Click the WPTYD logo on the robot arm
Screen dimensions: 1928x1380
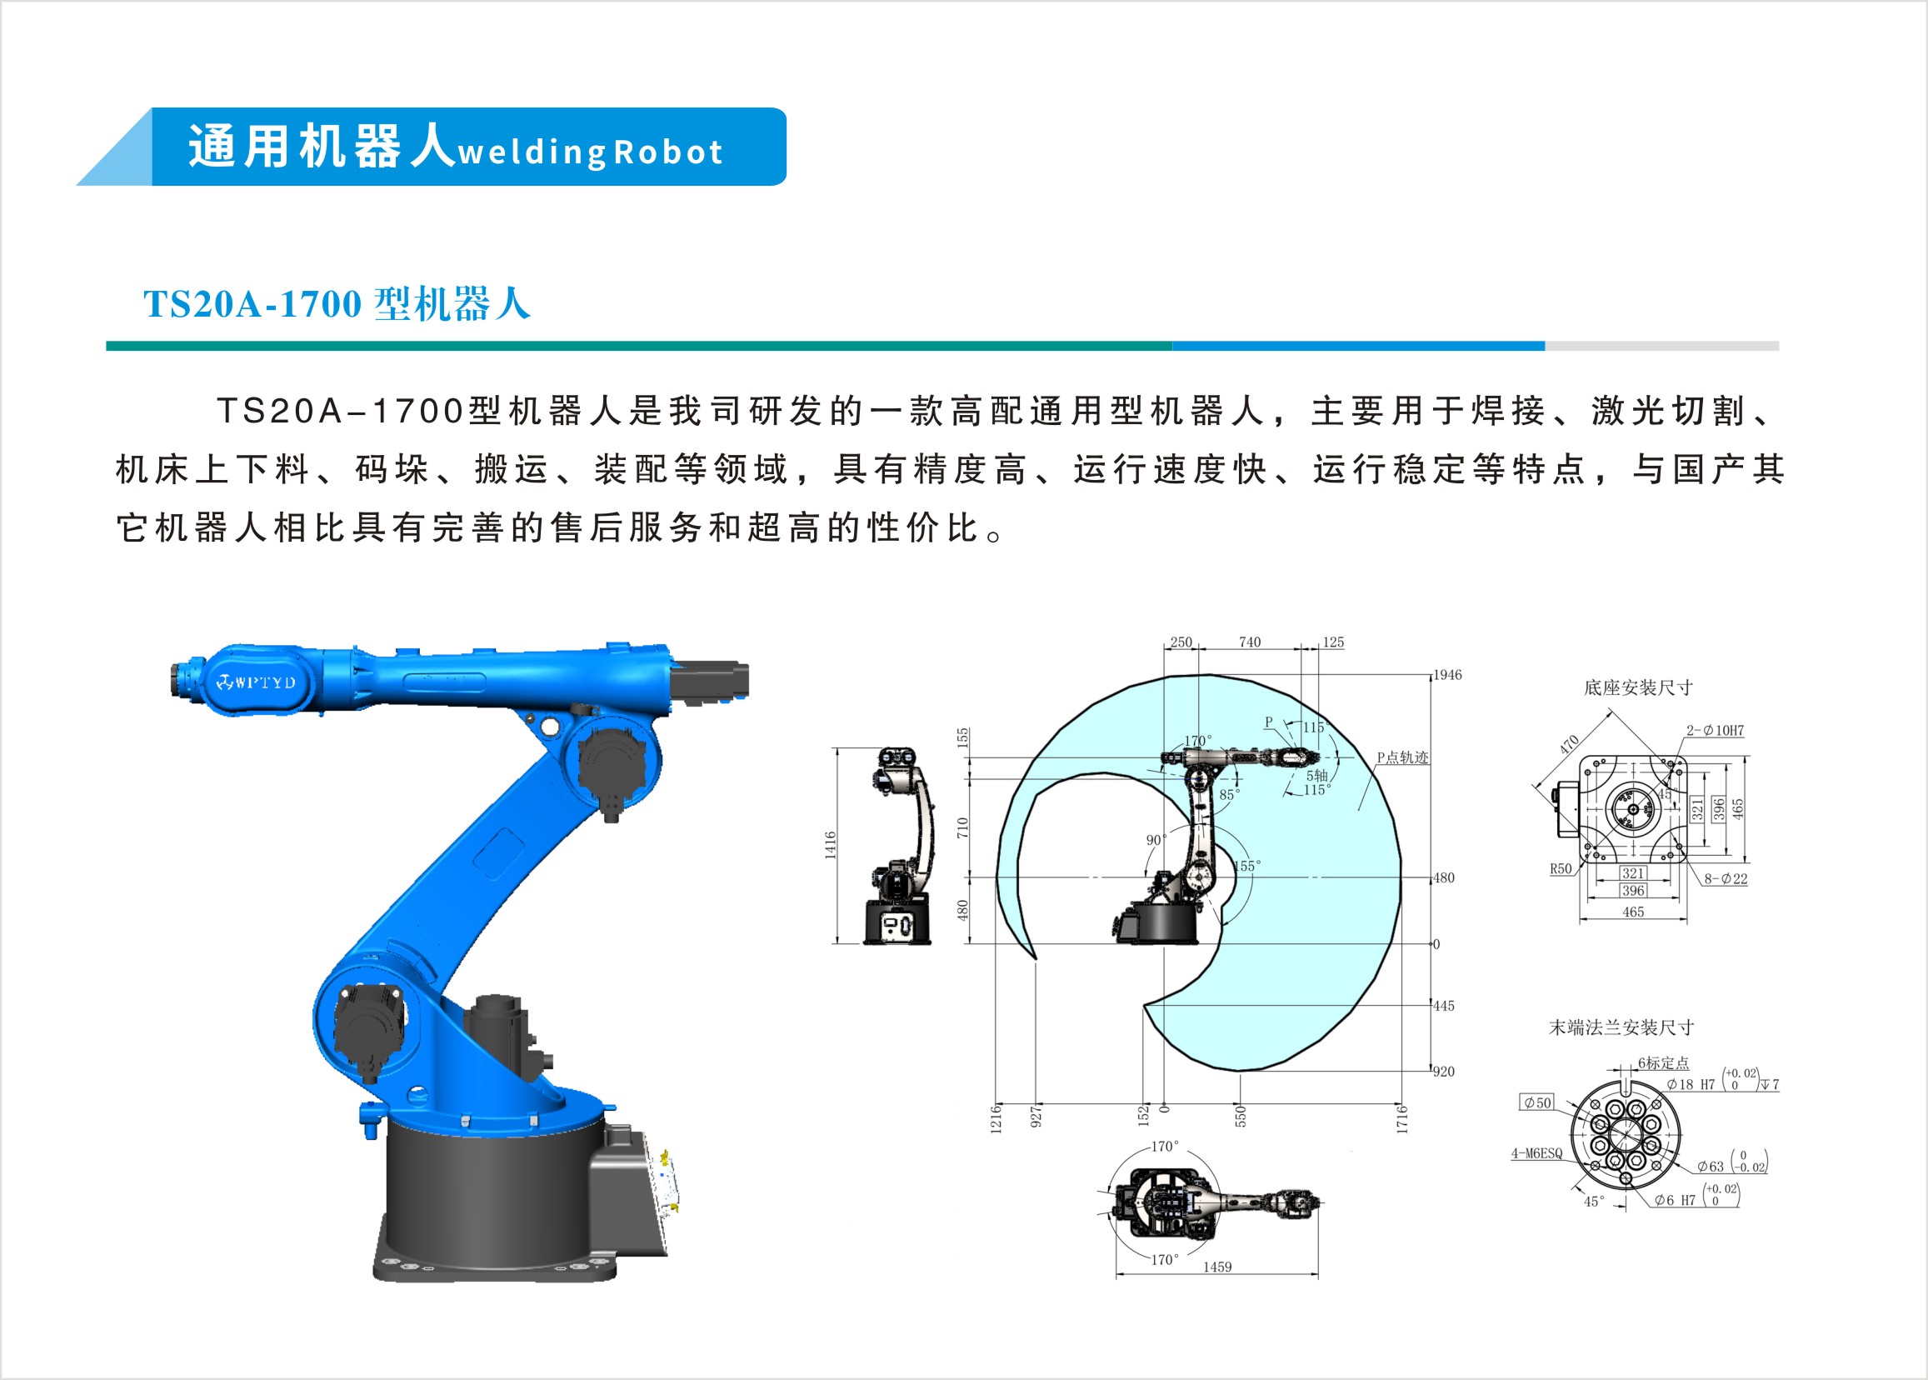257,682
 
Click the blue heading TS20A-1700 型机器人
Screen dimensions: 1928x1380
337,303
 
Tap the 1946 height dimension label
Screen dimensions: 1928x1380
1448,675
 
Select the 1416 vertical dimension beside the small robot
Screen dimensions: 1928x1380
830,846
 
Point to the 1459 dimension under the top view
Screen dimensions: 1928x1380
1216,1267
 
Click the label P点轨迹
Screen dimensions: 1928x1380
1403,757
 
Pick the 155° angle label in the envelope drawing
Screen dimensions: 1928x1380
1247,866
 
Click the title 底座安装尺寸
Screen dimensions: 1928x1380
1638,687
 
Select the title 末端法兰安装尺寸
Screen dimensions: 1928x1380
1621,1027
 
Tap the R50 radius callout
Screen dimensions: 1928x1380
1561,868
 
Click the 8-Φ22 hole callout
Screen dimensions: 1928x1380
1726,878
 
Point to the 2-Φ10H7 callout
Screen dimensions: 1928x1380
1715,730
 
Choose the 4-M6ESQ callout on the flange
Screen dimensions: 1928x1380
1536,1153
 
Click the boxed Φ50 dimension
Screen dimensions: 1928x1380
1537,1103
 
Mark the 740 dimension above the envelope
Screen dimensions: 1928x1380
1250,642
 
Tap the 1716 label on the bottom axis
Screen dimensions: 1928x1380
1402,1119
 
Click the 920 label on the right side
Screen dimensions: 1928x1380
1444,1072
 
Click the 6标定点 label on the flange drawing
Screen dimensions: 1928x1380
1664,1063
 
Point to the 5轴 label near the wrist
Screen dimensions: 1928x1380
1317,775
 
